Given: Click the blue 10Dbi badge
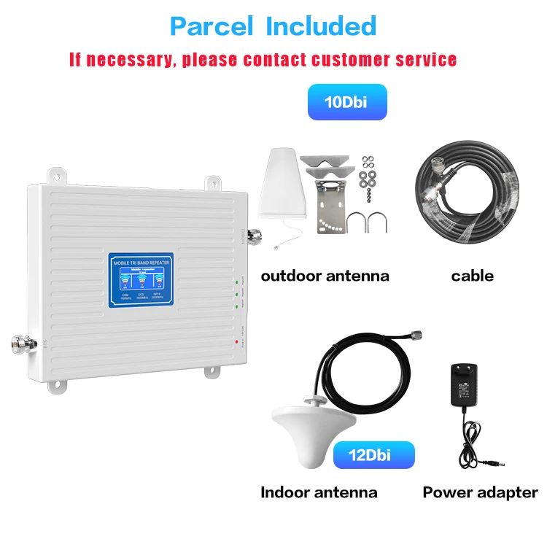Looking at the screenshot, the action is (346, 102).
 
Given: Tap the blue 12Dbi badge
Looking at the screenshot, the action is (373, 455).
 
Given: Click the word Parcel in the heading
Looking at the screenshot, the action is (212, 26).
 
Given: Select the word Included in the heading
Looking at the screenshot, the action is (321, 26).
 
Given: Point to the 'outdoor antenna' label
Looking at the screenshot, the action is (325, 276).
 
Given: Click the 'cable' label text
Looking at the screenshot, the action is (472, 276).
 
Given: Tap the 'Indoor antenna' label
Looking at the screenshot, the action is (319, 492).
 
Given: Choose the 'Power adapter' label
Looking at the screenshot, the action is (480, 492).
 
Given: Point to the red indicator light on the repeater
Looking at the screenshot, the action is (237, 341).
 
